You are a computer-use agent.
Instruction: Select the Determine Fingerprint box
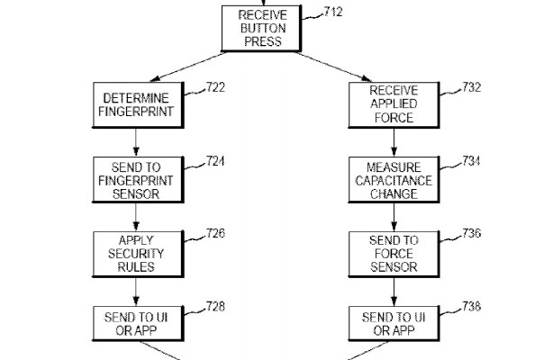136,104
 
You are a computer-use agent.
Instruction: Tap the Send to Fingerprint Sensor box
136,179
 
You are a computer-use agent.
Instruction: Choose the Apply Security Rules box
136,254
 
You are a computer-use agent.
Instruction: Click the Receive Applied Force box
393,104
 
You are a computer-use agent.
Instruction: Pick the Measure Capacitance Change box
393,179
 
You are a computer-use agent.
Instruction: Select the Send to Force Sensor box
393,254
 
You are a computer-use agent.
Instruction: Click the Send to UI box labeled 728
136,324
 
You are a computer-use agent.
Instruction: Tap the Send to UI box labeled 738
393,324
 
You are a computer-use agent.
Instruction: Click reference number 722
215,87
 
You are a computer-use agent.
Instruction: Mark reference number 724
215,162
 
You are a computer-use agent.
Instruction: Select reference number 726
215,234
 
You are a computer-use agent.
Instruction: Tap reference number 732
471,87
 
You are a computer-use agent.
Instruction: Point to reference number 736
471,234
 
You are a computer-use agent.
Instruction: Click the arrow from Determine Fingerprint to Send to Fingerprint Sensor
136,141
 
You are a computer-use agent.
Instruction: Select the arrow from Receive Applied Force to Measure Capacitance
393,141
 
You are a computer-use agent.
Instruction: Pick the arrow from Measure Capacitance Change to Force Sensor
393,216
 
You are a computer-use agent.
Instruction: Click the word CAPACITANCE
393,180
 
